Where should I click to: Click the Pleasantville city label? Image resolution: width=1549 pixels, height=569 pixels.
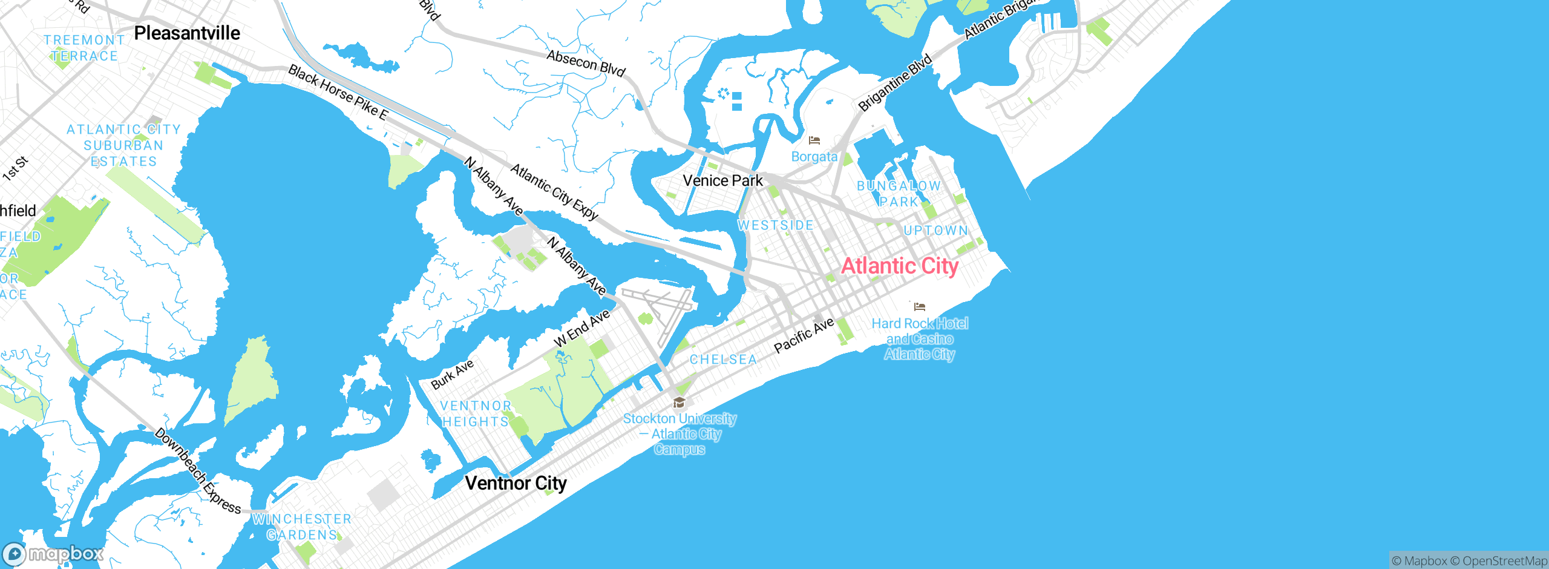tap(187, 33)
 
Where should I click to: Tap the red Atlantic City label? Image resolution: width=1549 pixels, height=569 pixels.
tap(900, 266)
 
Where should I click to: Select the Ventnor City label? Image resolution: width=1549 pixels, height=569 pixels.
tap(516, 483)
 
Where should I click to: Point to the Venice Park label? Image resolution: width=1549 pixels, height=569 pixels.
tap(722, 180)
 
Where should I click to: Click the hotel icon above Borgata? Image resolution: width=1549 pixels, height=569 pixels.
tap(814, 140)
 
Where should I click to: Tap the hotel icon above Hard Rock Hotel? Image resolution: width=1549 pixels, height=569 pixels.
tap(920, 307)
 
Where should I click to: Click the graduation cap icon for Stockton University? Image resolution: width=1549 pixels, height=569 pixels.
tap(680, 403)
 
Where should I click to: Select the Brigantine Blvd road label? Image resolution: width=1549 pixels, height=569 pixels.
tap(895, 83)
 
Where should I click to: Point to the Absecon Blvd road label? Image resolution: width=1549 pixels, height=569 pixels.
tap(586, 64)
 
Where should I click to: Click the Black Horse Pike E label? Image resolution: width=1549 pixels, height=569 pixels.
tap(338, 93)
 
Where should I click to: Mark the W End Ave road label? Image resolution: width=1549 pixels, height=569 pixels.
tap(581, 329)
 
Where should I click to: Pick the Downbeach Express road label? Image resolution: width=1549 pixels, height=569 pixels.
tap(197, 471)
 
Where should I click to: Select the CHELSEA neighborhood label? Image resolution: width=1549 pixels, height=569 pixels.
tap(723, 360)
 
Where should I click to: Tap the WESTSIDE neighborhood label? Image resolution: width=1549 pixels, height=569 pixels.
tap(776, 225)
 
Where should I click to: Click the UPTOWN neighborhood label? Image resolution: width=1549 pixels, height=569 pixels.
tap(935, 231)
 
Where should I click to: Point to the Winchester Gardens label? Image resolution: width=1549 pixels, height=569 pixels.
tap(301, 527)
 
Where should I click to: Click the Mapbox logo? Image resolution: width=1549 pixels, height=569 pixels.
tap(53, 554)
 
